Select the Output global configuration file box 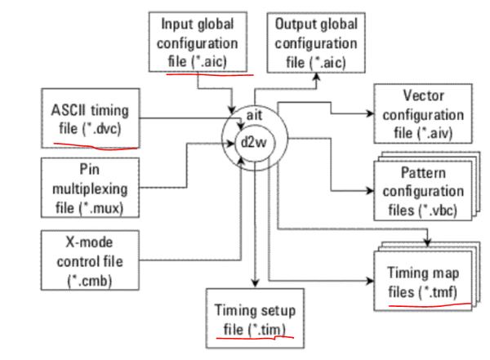coord(314,41)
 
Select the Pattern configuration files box coord(420,188)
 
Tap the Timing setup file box coord(256,319)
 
